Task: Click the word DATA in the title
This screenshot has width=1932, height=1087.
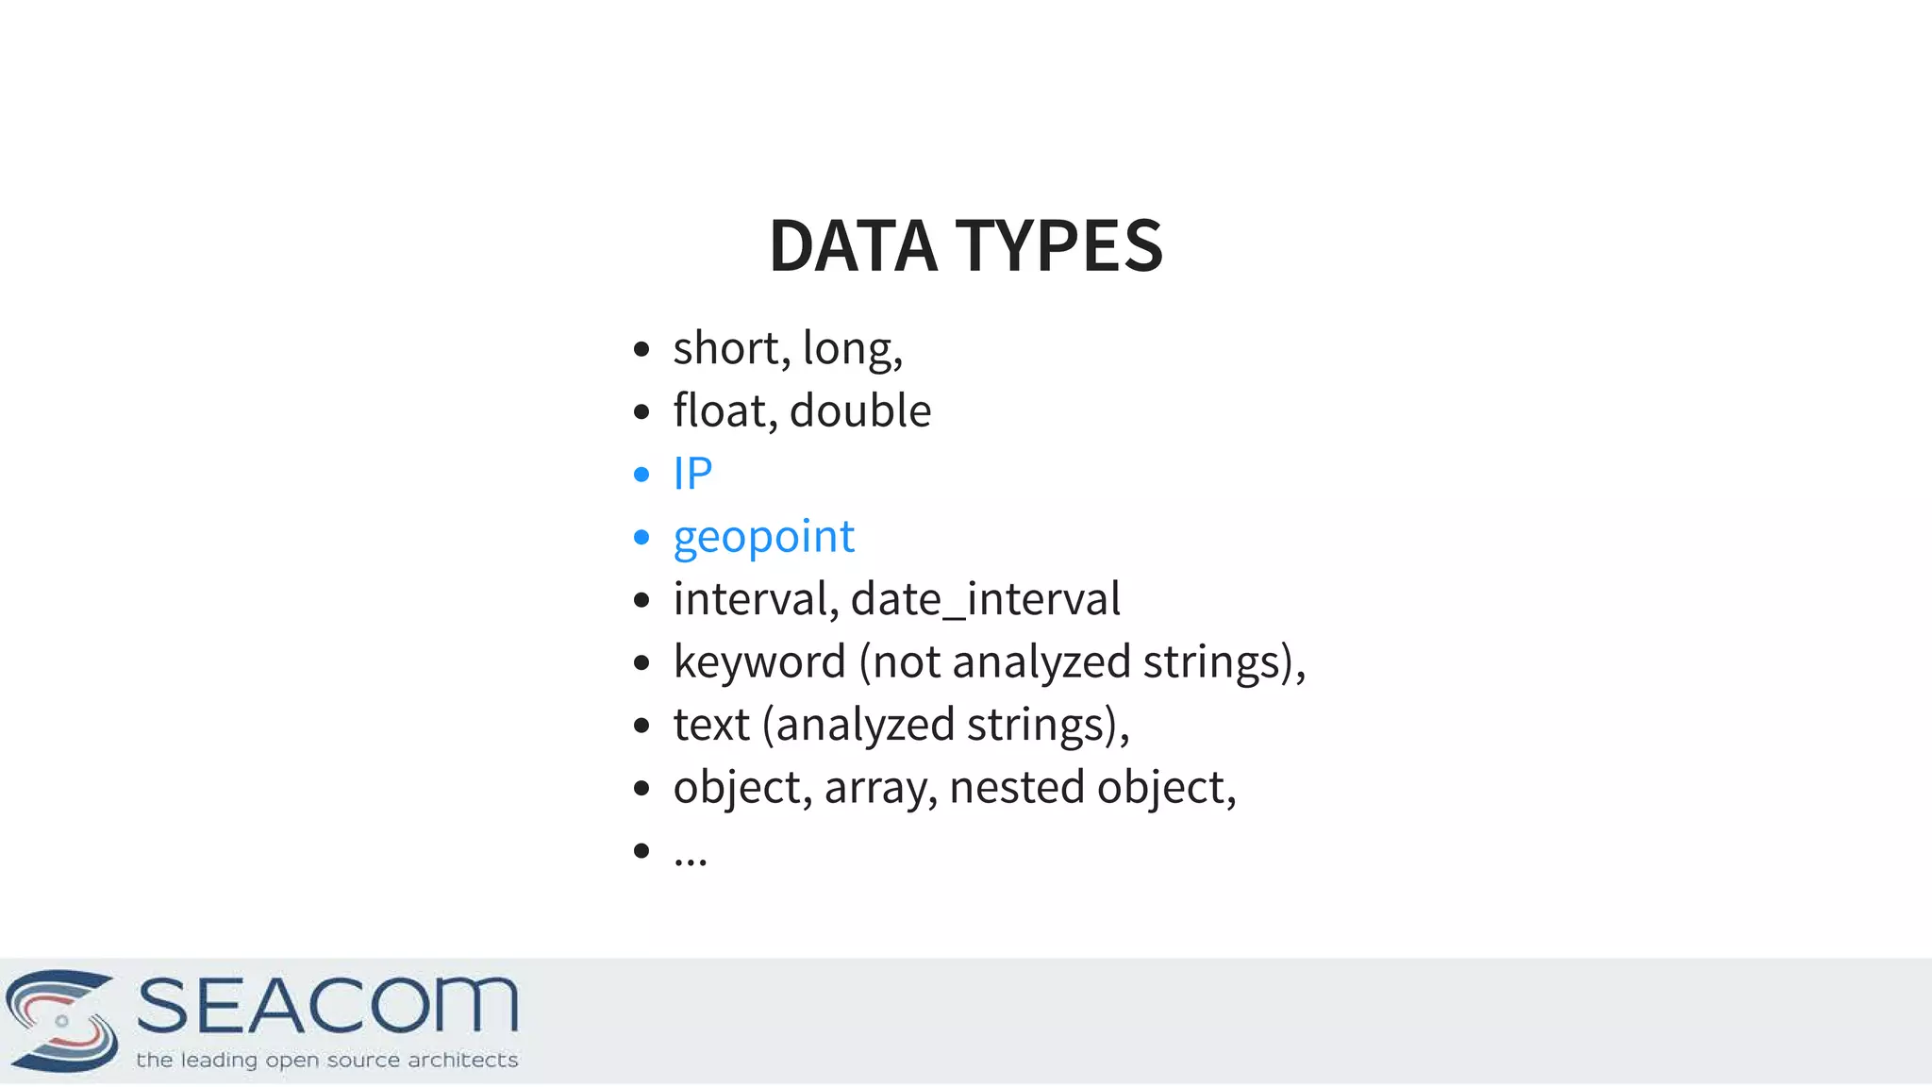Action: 853,246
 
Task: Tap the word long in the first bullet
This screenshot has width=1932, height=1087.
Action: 847,348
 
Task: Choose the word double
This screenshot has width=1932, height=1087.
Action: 860,411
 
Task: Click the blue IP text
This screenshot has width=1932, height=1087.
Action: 692,474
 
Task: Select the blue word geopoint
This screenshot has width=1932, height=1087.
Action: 763,537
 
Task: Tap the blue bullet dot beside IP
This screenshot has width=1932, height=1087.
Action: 642,475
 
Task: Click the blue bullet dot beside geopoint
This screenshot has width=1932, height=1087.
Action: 642,538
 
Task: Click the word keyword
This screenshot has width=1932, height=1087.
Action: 759,662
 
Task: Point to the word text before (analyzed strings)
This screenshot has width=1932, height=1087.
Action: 711,726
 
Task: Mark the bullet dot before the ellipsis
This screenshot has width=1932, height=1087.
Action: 642,851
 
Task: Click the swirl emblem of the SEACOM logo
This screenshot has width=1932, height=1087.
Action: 62,1020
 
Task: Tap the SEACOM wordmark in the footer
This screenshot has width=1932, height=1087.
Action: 327,1006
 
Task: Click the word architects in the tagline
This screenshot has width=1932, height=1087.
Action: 462,1061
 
